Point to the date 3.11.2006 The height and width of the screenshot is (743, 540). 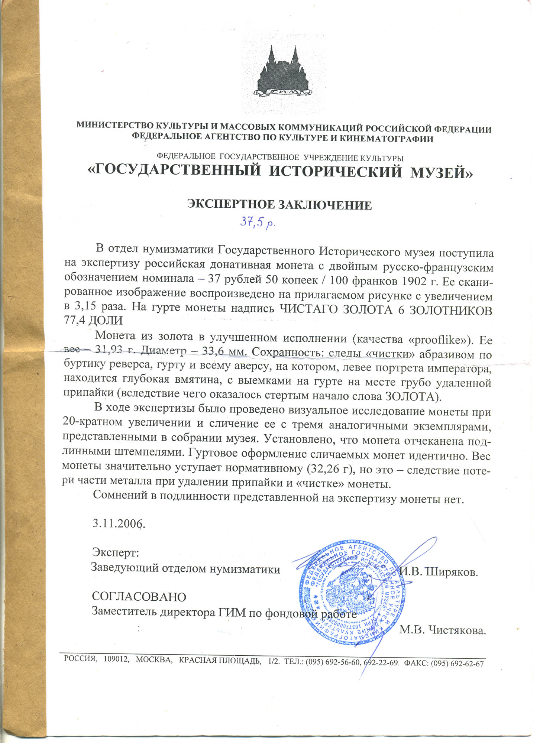click(x=118, y=523)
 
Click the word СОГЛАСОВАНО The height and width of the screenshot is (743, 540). click(x=139, y=597)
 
